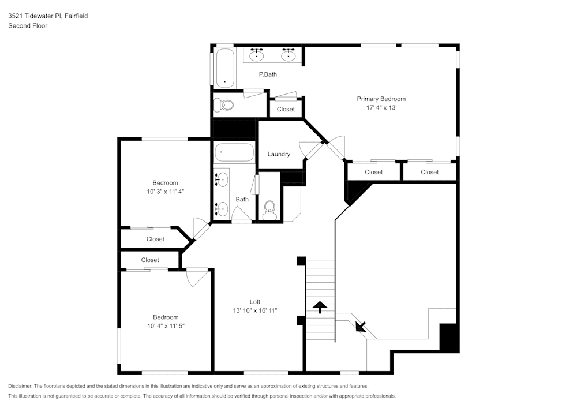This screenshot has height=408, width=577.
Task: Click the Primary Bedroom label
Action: (381, 99)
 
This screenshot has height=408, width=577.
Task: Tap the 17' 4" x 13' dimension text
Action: (381, 108)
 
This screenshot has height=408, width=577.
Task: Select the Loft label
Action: (254, 302)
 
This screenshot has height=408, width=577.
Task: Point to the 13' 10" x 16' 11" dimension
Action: (254, 310)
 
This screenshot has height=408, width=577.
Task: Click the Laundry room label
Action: (279, 154)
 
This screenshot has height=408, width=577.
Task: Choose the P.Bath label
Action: (268, 74)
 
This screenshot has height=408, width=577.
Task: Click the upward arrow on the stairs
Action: (320, 306)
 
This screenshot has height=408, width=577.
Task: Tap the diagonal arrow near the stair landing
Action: (361, 326)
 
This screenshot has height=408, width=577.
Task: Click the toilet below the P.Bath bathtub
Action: (224, 105)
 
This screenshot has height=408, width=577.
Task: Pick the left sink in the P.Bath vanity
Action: (257, 55)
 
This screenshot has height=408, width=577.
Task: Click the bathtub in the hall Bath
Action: (234, 154)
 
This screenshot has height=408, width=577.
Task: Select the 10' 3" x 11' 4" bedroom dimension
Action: (165, 191)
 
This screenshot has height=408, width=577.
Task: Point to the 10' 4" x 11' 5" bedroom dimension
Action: (166, 325)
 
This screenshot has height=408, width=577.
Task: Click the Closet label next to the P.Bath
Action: (286, 109)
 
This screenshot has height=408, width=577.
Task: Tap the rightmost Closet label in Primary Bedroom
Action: (429, 172)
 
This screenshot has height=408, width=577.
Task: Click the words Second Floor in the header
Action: (28, 26)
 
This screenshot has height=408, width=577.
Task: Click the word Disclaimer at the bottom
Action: (21, 386)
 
